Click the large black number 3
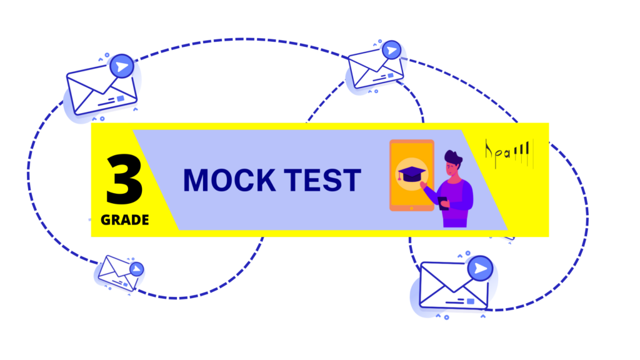(124, 179)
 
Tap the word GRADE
(125, 220)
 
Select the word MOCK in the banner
(229, 180)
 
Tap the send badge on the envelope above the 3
(122, 66)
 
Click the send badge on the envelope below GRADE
(136, 269)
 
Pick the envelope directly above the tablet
(374, 69)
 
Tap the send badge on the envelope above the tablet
(392, 50)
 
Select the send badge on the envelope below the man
(480, 269)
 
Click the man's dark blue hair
(453, 157)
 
